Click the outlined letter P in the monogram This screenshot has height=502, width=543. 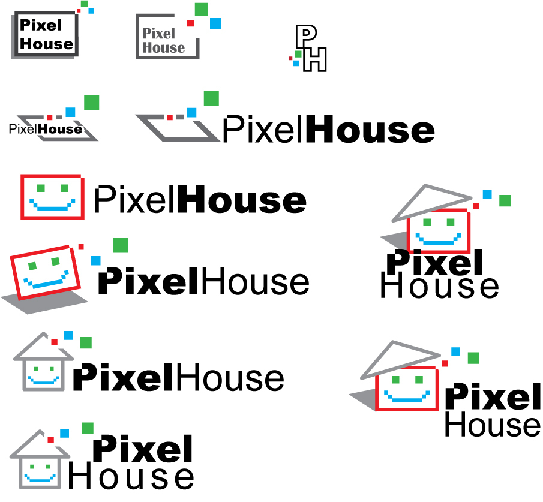pyautogui.click(x=304, y=35)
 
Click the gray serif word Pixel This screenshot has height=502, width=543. pyautogui.click(x=158, y=34)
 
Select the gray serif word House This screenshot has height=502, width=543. pyautogui.click(x=163, y=47)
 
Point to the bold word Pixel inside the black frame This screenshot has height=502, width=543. pyautogui.click(x=41, y=25)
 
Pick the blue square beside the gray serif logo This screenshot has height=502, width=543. pyautogui.click(x=215, y=23)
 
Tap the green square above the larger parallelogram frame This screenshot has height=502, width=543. pyautogui.click(x=211, y=98)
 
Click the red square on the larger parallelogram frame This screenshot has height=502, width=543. pyautogui.click(x=170, y=118)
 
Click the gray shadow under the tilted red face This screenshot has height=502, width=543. pyautogui.click(x=44, y=300)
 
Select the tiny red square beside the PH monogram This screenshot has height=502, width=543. pyautogui.click(x=290, y=59)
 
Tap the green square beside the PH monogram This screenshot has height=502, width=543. pyautogui.click(x=298, y=54)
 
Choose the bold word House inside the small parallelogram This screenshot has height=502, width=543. pyautogui.click(x=60, y=129)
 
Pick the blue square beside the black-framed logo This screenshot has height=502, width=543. pyautogui.click(x=91, y=11)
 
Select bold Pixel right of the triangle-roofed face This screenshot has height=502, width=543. pyautogui.click(x=493, y=396)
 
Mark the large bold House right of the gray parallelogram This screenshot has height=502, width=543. pyautogui.click(x=370, y=129)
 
